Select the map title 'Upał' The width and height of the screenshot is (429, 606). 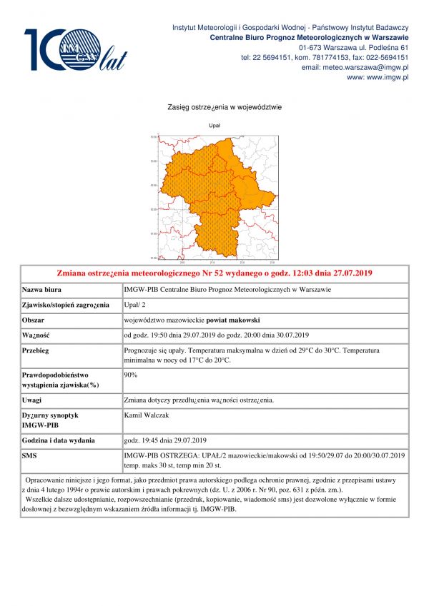[214, 125]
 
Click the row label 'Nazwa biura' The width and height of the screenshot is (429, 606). [42, 290]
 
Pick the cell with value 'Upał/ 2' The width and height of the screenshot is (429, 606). [136, 305]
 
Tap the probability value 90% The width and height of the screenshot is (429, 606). [131, 374]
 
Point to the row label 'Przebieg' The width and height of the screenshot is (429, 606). [37, 351]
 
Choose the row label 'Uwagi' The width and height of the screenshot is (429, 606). [33, 400]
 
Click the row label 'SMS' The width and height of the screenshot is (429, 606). [30, 455]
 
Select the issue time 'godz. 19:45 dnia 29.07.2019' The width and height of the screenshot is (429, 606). [165, 439]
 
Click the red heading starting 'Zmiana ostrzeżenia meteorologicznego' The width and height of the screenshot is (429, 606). [214, 273]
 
